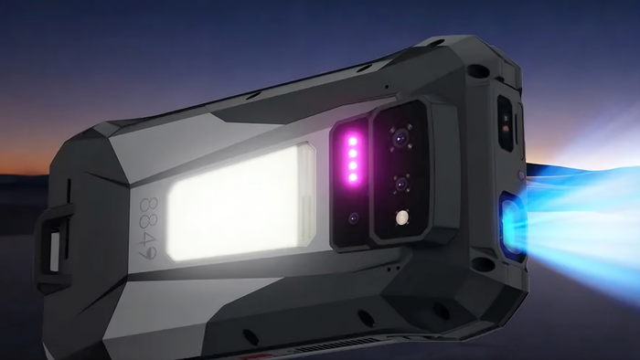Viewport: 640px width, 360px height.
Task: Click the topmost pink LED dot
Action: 353,142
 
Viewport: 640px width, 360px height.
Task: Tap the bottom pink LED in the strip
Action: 353,178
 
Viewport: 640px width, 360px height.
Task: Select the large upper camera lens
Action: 400,138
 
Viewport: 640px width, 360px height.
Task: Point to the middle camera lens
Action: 401,184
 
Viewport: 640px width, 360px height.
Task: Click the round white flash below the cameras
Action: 402,217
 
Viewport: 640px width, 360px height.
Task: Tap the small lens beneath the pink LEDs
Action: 354,218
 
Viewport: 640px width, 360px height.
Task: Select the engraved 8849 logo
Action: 148,228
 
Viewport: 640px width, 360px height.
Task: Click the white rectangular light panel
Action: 240,203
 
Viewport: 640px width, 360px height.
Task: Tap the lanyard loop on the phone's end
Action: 54,246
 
